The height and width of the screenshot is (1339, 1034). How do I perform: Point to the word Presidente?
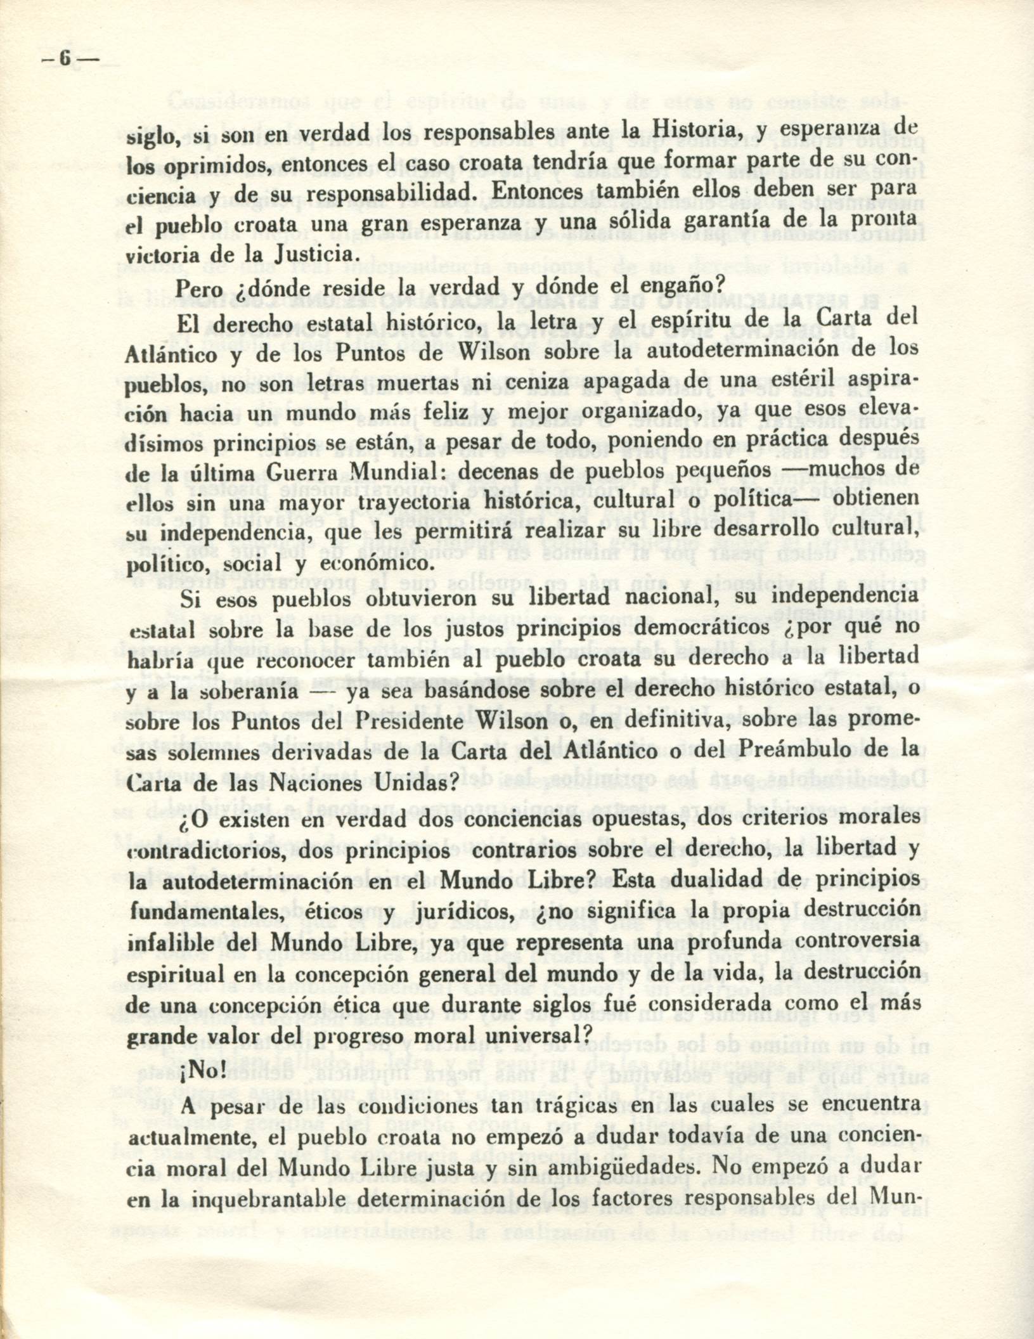coord(410,722)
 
